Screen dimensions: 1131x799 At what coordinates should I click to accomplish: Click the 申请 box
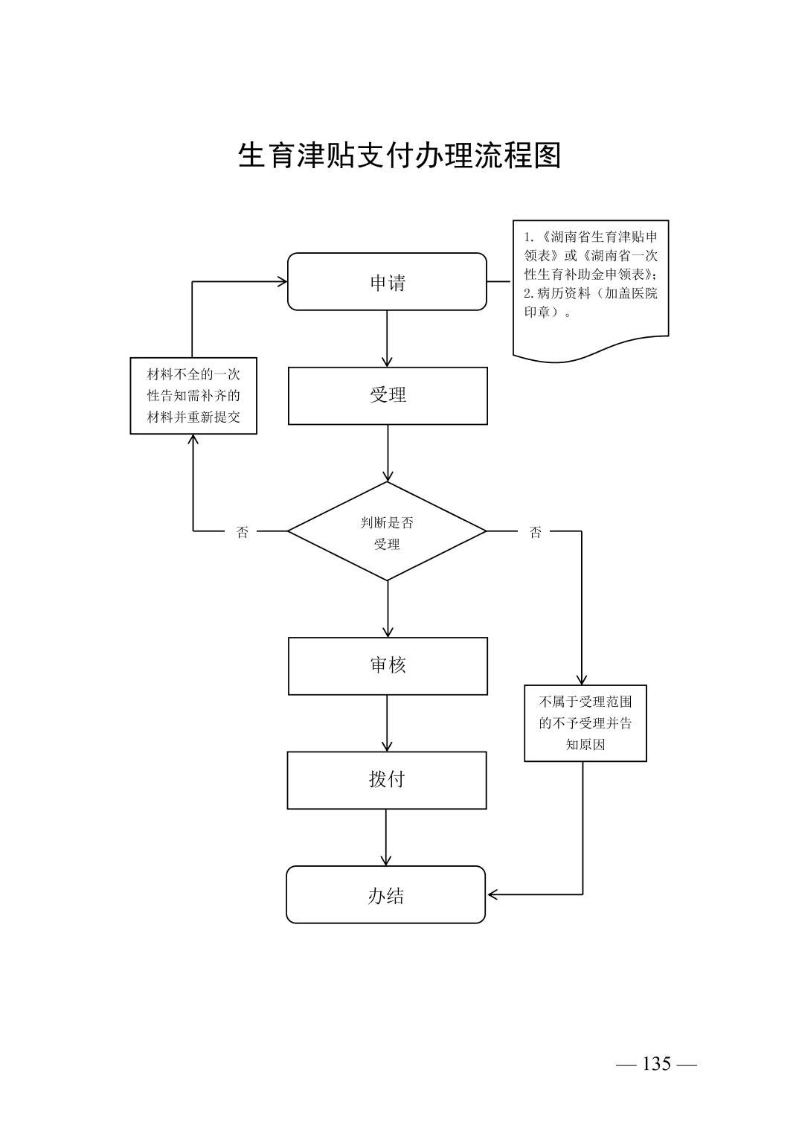tap(387, 281)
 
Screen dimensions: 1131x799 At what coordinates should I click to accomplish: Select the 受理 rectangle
tap(388, 395)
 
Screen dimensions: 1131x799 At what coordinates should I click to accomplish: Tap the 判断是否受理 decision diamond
tap(387, 531)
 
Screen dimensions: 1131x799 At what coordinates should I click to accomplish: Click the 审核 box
tap(388, 666)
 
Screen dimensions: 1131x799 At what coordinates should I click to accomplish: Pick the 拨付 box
tap(387, 780)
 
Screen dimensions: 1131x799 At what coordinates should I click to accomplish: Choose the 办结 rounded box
tap(385, 894)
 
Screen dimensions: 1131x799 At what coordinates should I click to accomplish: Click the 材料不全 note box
tap(193, 395)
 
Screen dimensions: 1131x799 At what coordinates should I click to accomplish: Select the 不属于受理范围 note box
tap(585, 723)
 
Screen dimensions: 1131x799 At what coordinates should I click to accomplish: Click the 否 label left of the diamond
tap(243, 532)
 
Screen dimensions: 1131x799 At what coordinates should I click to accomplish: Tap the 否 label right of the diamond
tap(536, 532)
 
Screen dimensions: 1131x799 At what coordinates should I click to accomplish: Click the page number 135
tap(656, 1064)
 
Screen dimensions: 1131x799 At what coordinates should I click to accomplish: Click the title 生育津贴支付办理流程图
tap(399, 156)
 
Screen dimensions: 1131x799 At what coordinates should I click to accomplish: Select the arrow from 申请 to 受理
tap(388, 339)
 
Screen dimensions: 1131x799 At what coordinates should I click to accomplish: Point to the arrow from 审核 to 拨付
tap(387, 723)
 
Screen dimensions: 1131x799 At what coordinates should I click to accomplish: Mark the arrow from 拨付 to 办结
tap(386, 837)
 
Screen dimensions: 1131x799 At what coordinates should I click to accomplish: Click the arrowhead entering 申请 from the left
tap(282, 281)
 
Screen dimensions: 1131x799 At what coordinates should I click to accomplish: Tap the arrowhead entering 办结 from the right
tap(492, 894)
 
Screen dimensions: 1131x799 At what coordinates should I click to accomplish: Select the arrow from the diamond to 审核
tap(388, 609)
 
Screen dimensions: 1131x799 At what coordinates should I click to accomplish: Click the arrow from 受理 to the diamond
tap(388, 453)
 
